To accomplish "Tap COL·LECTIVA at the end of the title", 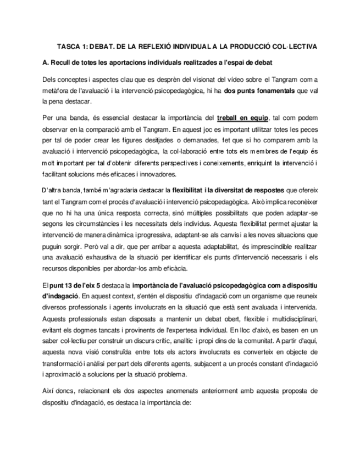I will (296, 46).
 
